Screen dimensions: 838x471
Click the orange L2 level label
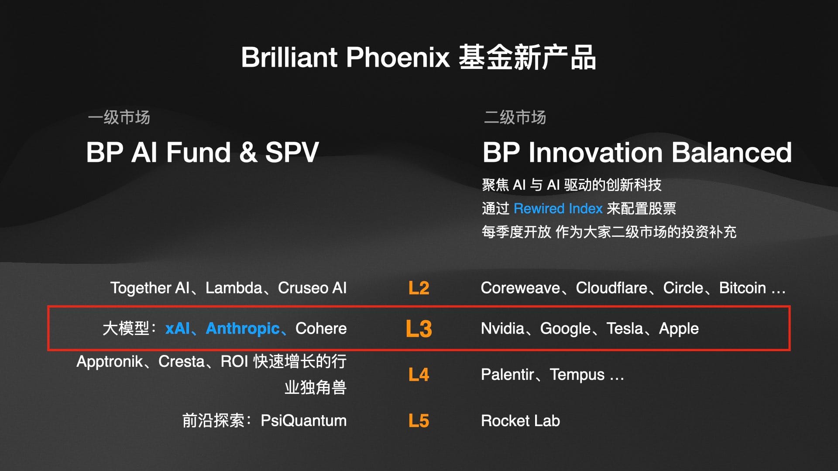[419, 288]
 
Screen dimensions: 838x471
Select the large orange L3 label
[419, 328]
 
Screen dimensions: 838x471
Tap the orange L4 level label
[419, 375]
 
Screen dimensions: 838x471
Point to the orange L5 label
[419, 421]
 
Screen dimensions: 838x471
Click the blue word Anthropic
[243, 328]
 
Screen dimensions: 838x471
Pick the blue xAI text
[178, 328]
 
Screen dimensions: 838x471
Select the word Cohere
[321, 328]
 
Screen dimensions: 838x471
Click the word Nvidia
[502, 328]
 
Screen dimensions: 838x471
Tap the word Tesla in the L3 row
[625, 328]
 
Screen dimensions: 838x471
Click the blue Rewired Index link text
[558, 208]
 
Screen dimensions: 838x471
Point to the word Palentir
[507, 375]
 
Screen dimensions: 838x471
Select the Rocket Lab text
[520, 421]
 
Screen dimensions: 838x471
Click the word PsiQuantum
[304, 421]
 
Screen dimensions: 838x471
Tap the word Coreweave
[520, 288]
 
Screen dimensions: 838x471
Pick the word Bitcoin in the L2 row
[742, 288]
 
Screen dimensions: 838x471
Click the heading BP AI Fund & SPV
[203, 152]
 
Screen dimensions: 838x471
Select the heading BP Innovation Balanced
[637, 152]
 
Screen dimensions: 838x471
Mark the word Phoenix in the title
[398, 57]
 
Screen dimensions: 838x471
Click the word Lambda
[234, 288]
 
